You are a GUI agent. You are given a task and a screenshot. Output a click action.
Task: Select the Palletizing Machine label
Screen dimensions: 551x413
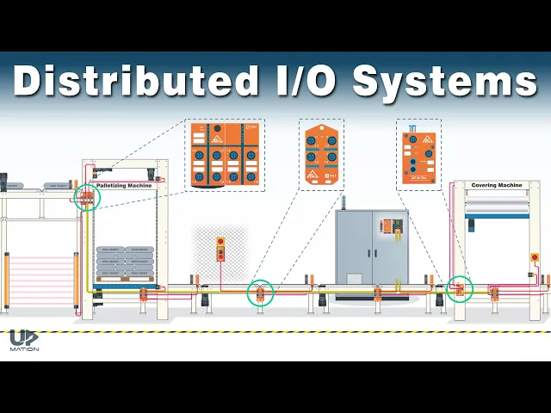124,185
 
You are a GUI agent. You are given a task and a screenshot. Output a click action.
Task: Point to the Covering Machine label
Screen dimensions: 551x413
497,185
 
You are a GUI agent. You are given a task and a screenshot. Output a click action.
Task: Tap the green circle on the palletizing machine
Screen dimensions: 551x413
87,198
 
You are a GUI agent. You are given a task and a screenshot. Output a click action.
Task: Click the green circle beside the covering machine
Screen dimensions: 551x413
460,289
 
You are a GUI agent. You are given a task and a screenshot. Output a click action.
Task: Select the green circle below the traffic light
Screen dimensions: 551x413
260,293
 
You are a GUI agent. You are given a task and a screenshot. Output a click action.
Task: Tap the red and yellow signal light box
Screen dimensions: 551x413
220,248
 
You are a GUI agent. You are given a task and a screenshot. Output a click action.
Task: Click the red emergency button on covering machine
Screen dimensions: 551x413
536,256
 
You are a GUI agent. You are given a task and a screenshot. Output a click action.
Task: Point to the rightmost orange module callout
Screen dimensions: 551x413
418,152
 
